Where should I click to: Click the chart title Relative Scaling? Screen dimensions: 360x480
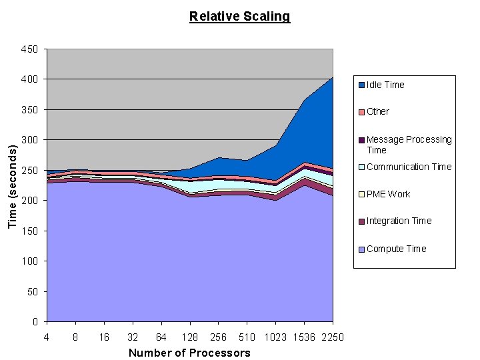[239, 17]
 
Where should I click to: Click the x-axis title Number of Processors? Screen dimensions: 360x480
[189, 353]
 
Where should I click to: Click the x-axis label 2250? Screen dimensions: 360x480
[332, 337]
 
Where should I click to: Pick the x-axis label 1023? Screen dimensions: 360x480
[275, 337]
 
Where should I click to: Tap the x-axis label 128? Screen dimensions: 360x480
[189, 337]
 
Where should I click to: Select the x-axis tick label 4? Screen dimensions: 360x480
[47, 337]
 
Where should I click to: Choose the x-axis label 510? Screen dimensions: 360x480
[247, 337]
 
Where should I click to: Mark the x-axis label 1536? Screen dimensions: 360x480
[304, 337]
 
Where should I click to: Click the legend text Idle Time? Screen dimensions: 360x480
[385, 85]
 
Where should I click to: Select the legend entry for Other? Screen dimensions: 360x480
[377, 111]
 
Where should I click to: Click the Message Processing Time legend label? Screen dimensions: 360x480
[409, 145]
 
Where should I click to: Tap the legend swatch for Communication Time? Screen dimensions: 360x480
[361, 167]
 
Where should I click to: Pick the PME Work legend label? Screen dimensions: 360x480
[388, 194]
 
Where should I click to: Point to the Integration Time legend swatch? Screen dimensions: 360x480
[361, 221]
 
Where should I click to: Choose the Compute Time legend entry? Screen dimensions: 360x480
[396, 249]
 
